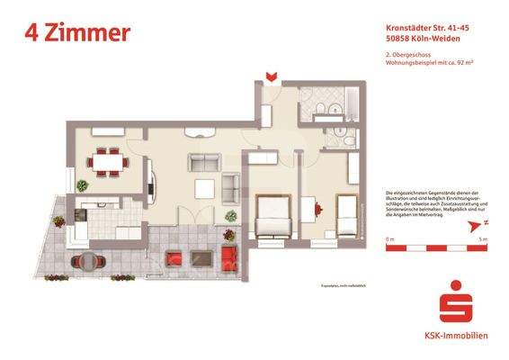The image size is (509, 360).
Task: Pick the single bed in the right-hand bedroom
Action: pyautogui.click(x=349, y=216)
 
